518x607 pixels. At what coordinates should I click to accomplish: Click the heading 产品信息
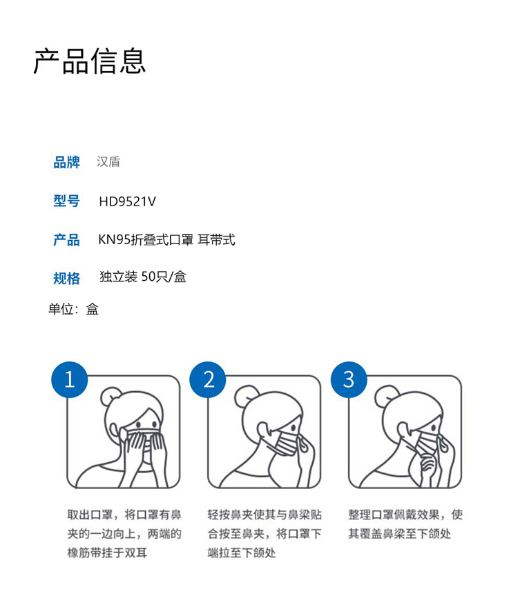click(90, 61)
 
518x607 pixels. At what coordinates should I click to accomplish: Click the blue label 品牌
click(67, 162)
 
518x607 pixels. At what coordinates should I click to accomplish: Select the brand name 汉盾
click(108, 161)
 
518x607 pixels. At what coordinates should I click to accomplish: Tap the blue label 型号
click(67, 201)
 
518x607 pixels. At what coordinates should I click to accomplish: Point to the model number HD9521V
click(128, 201)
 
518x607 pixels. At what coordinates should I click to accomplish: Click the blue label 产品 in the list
click(67, 239)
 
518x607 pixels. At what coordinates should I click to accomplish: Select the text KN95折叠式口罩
click(146, 239)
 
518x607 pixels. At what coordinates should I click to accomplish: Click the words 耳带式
click(216, 239)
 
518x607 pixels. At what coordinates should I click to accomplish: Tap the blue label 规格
click(67, 279)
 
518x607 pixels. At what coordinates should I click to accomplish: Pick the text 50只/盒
click(164, 277)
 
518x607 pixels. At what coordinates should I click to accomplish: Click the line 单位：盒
click(73, 309)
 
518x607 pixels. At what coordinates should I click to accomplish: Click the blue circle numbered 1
click(70, 379)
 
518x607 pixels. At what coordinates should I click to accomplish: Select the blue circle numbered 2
click(208, 379)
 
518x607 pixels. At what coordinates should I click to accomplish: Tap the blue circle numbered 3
click(349, 379)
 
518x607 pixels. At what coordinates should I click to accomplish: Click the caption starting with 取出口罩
click(124, 533)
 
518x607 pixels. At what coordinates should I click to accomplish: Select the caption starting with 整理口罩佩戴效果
click(405, 524)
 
